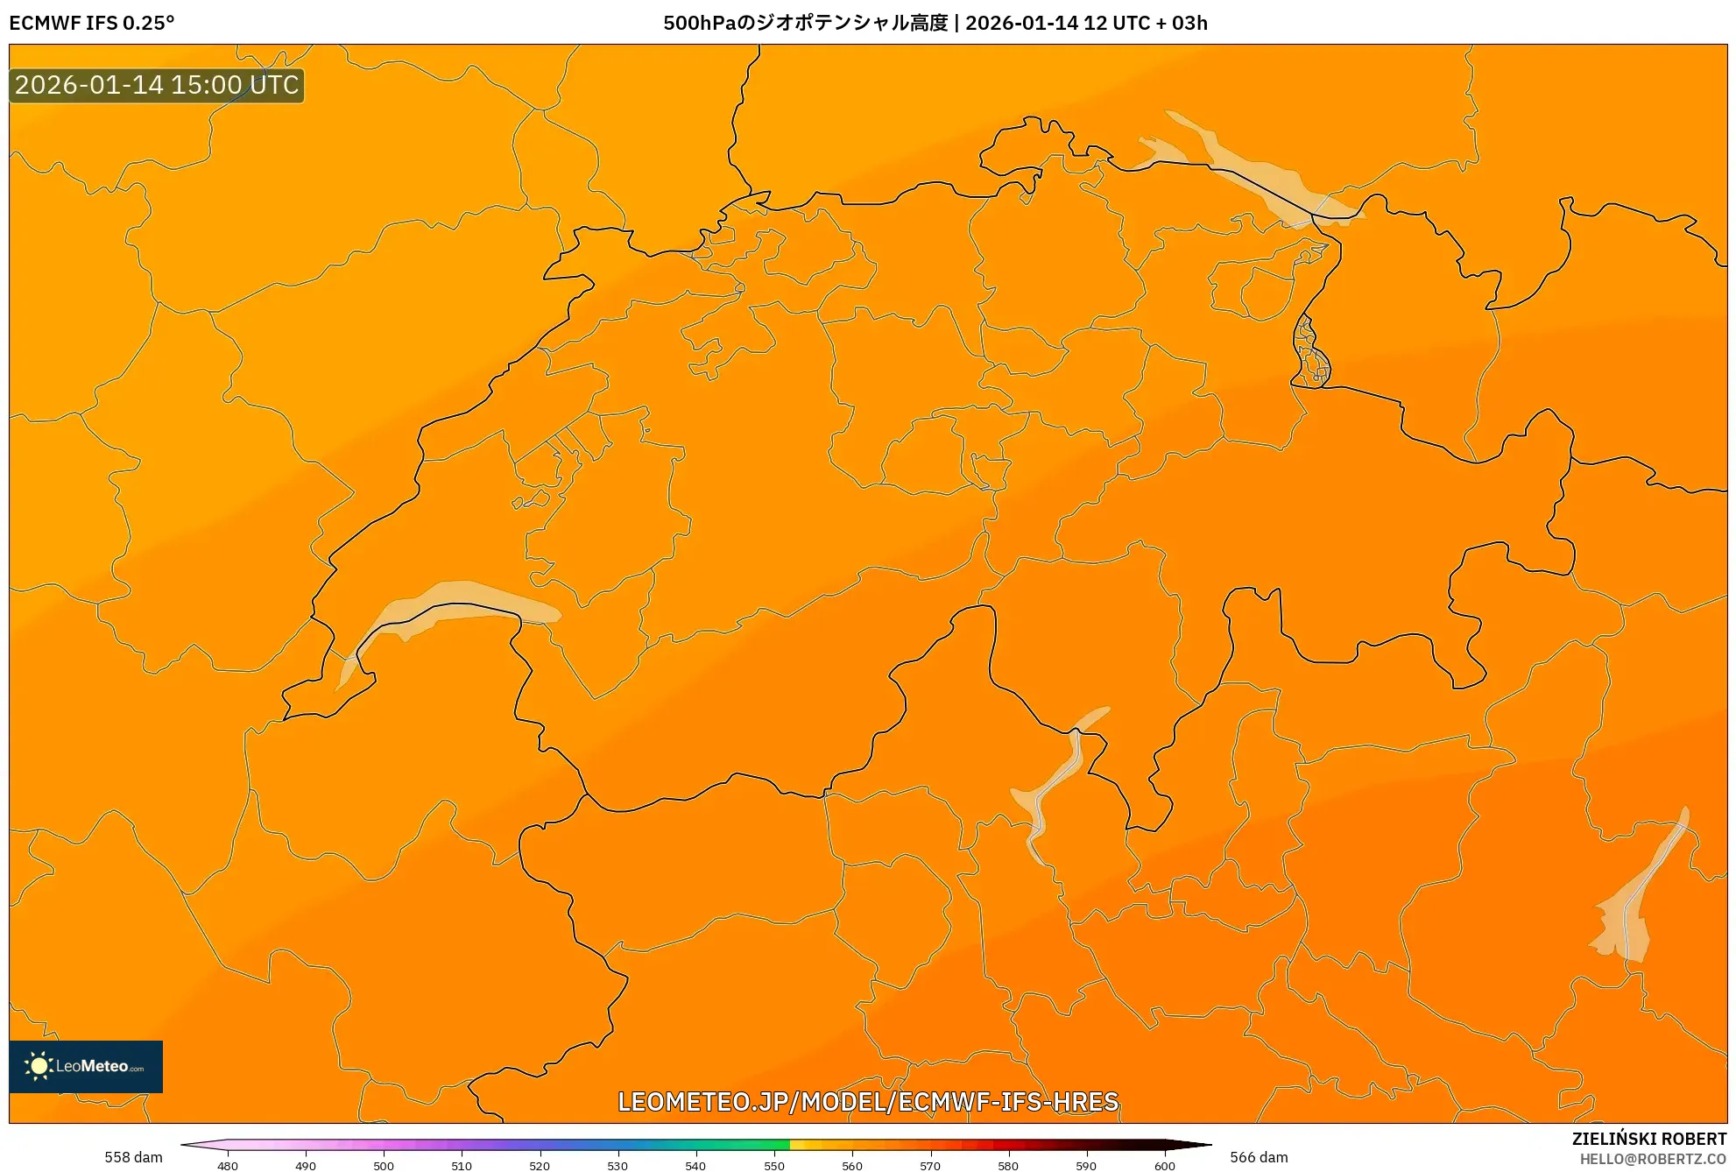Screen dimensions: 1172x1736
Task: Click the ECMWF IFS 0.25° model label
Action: tap(92, 23)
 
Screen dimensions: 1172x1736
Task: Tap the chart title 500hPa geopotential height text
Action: tap(935, 23)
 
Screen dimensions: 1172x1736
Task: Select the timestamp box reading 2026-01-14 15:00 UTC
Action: tap(157, 86)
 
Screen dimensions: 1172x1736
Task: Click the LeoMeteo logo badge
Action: tap(86, 1066)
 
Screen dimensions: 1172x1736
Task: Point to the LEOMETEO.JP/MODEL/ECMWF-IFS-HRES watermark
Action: tap(868, 1101)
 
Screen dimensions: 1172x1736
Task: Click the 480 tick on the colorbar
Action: tap(228, 1165)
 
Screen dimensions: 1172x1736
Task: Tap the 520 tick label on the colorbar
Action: tap(540, 1165)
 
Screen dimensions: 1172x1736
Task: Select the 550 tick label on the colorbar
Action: tap(774, 1165)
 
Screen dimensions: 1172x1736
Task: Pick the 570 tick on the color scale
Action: tap(930, 1165)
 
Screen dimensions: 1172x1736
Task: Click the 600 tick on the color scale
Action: tap(1164, 1165)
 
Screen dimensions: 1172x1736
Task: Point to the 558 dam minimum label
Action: tap(133, 1157)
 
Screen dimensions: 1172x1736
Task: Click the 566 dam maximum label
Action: tap(1259, 1157)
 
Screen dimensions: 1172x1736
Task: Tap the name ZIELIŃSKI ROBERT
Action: tap(1649, 1139)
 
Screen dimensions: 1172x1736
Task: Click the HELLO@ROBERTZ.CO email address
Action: tap(1653, 1160)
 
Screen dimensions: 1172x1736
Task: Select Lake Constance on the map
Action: tap(1261, 180)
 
